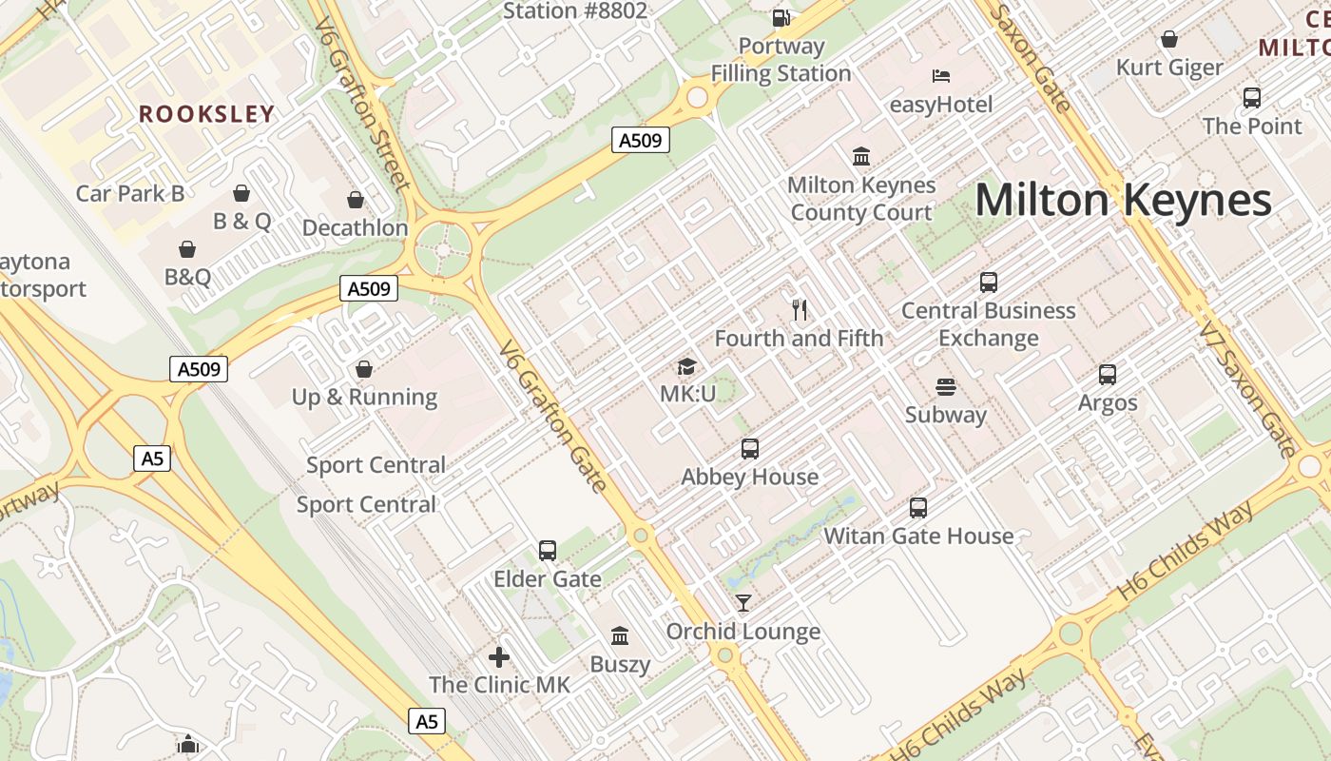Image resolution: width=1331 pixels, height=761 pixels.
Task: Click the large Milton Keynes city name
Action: click(1123, 201)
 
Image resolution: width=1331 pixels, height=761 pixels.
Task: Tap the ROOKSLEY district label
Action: click(206, 114)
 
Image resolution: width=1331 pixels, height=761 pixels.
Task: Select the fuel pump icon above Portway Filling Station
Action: click(781, 17)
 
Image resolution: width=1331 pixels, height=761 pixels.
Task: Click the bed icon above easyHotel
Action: click(941, 76)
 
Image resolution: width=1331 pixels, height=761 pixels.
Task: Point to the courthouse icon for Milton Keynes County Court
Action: click(861, 156)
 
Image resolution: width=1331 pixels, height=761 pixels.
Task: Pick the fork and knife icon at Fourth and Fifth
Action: click(800, 309)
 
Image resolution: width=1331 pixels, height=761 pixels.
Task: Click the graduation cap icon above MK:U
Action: click(686, 366)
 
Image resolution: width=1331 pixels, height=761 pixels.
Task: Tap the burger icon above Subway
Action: click(945, 387)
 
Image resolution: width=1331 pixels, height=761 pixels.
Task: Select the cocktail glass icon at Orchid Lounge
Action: click(743, 603)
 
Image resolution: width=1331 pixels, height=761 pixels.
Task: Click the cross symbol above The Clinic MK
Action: click(499, 657)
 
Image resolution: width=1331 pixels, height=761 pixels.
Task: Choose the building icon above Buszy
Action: click(620, 635)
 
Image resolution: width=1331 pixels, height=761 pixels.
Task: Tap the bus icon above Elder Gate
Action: click(548, 551)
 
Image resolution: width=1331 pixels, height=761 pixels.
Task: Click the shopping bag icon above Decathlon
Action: click(356, 200)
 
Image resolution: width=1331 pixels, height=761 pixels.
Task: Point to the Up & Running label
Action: click(365, 397)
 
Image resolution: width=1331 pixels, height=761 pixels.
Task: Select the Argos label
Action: click(1108, 402)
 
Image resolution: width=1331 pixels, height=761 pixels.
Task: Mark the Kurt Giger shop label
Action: click(1169, 68)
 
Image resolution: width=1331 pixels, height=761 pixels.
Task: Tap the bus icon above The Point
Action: click(1252, 97)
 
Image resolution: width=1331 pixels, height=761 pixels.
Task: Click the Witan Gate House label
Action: click(918, 536)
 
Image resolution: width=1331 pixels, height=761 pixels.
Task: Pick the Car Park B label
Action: click(130, 193)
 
